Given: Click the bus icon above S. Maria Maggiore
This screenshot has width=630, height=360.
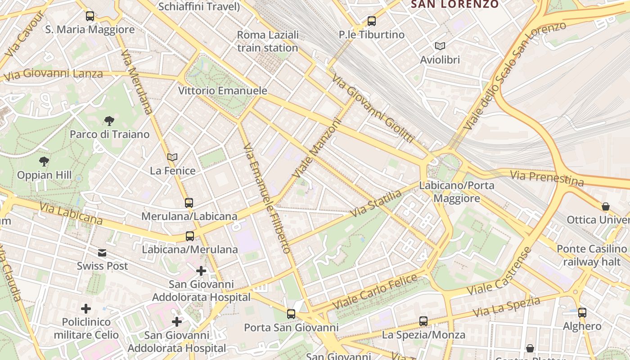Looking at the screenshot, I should coord(90,16).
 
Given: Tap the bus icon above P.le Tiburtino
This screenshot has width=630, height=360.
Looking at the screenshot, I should coord(371,21).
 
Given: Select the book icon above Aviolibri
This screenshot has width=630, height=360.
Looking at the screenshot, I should coord(440,46).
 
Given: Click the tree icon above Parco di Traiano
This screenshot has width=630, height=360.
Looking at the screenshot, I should coord(109,121).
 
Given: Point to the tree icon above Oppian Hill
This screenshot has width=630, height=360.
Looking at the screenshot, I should coord(44,161).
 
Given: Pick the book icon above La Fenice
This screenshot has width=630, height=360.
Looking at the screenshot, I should coord(172,157).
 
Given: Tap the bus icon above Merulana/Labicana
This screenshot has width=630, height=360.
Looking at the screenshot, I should coord(189,202).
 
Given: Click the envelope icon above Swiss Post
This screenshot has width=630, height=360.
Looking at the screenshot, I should coord(103,253).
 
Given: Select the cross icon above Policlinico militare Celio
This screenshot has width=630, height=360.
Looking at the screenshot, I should coord(86,309).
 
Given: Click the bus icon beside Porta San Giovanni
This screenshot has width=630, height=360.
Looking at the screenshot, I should coord(291,314).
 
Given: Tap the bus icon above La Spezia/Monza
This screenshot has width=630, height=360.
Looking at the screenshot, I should coord(423,321).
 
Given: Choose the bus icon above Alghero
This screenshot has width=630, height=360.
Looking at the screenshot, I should coord(582,312).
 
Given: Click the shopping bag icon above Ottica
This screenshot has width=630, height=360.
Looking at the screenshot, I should coord(606,207).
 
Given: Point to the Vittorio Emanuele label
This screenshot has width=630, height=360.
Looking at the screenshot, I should coord(223,91).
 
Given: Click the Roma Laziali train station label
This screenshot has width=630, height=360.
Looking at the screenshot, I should coord(268,41).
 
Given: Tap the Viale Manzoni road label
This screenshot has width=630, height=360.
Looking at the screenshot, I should coord(317,148).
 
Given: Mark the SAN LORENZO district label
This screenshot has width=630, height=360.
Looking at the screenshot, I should coord(454,4).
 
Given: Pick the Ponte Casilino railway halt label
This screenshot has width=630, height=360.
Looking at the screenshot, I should coord(591,255).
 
